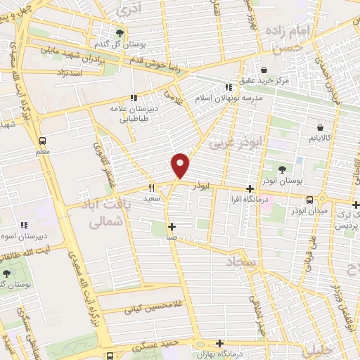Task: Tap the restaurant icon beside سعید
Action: [152, 188]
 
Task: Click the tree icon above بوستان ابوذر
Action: [282, 169]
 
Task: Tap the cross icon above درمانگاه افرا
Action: [250, 188]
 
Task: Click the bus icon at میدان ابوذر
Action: [310, 200]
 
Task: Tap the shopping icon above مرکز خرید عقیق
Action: [263, 70]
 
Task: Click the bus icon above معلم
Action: [43, 140]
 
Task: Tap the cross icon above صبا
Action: [172, 226]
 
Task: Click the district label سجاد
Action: [243, 262]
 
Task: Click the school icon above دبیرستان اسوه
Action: [24, 226]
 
